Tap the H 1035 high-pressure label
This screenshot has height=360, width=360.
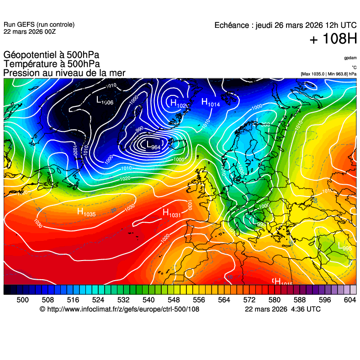click(x=86, y=212)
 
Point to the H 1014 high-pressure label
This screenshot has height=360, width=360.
click(x=211, y=102)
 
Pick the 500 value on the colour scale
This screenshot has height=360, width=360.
click(x=22, y=300)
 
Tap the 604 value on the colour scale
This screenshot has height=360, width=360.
click(x=349, y=300)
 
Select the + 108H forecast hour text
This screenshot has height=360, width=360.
click(x=333, y=40)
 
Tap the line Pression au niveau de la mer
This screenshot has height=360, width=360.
click(x=64, y=73)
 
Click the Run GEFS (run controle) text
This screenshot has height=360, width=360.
click(x=39, y=25)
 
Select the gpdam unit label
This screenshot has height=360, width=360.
click(x=350, y=58)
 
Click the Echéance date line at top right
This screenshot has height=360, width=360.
click(x=286, y=26)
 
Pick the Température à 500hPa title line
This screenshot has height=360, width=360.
click(x=52, y=64)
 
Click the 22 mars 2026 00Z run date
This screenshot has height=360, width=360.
click(x=30, y=31)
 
